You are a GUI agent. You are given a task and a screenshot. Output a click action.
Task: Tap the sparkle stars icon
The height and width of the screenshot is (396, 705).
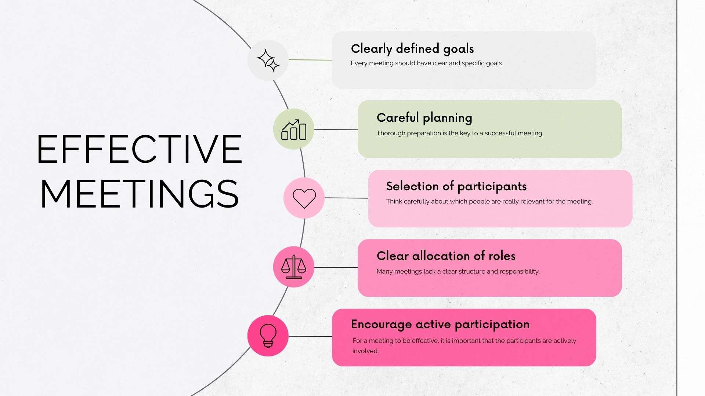click(x=268, y=60)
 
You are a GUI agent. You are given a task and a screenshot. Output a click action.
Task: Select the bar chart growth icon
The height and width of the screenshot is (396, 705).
click(x=293, y=129)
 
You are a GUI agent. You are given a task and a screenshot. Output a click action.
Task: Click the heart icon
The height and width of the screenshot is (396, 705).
click(x=304, y=198)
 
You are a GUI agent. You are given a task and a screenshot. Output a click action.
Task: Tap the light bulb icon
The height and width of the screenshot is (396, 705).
click(x=268, y=335)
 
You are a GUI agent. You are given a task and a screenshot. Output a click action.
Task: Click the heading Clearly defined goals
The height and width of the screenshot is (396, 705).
click(x=412, y=49)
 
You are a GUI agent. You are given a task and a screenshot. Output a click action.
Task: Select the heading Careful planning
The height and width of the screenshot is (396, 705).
click(x=424, y=118)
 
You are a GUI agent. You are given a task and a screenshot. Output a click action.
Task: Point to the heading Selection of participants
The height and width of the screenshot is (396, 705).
click(x=456, y=186)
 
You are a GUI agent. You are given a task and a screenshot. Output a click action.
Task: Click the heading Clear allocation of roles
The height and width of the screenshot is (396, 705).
click(x=446, y=256)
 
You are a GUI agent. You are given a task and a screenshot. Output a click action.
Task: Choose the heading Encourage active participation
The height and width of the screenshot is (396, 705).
click(x=440, y=324)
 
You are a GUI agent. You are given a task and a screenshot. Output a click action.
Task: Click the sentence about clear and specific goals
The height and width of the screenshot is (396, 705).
click(x=427, y=63)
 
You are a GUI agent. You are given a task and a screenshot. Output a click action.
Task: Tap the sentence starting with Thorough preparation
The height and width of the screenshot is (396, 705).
click(x=460, y=133)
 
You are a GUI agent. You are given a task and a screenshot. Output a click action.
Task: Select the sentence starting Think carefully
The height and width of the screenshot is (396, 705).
click(x=489, y=201)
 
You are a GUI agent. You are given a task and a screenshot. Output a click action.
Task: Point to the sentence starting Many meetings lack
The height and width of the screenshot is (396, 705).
click(x=458, y=271)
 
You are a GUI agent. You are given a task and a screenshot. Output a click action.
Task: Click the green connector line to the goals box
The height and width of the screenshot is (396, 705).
click(x=310, y=60)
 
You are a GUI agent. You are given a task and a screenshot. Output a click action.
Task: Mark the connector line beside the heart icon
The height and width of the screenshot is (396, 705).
click(x=346, y=198)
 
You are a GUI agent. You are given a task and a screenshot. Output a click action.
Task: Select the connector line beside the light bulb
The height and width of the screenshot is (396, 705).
click(x=310, y=336)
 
